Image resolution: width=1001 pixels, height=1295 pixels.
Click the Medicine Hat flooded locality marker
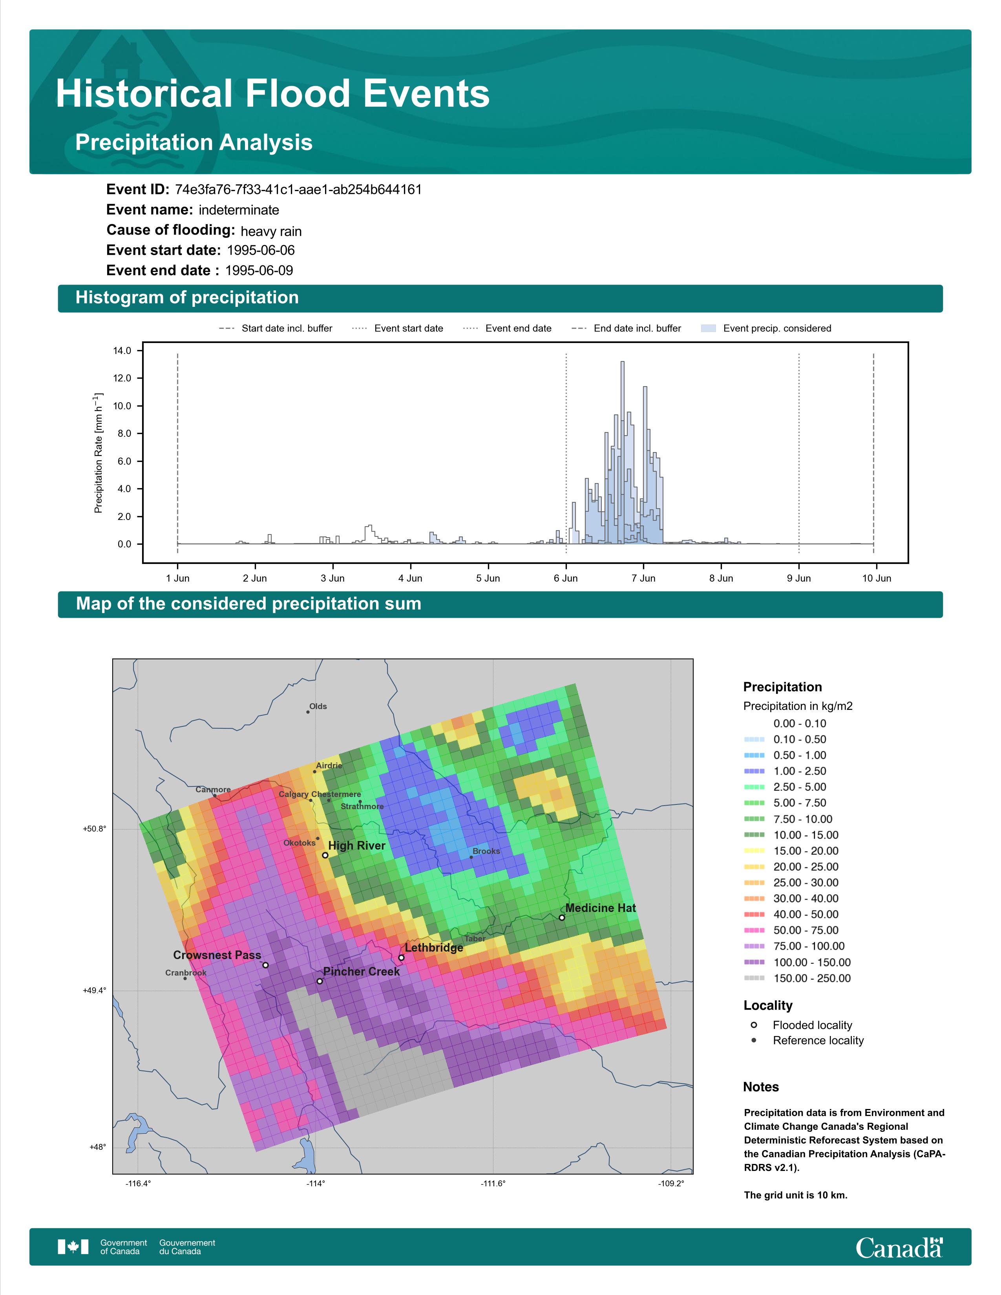click(562, 917)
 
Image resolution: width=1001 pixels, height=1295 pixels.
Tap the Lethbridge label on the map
click(434, 948)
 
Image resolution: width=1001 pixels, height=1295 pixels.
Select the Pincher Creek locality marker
click(320, 981)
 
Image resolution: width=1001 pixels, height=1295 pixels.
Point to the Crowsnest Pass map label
click(217, 955)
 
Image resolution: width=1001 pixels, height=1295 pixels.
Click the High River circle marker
click(325, 855)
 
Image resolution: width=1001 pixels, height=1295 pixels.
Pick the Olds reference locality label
click(318, 706)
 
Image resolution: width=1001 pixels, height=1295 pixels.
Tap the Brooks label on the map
click(486, 851)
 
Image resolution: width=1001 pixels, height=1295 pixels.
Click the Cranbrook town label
click(186, 972)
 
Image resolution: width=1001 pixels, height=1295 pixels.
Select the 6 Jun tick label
click(566, 578)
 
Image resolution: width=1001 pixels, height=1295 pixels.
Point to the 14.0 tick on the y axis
click(122, 350)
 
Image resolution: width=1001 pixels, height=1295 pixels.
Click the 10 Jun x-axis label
click(877, 578)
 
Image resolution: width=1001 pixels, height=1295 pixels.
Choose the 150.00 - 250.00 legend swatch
click(754, 978)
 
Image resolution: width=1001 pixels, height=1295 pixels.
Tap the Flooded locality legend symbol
click(754, 1025)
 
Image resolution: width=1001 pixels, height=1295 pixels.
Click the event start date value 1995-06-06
click(261, 250)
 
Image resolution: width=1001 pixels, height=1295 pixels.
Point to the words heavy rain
click(271, 231)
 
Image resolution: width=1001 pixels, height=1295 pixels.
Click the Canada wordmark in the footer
click(899, 1248)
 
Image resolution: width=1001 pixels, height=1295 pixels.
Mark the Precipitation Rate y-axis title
click(99, 452)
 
